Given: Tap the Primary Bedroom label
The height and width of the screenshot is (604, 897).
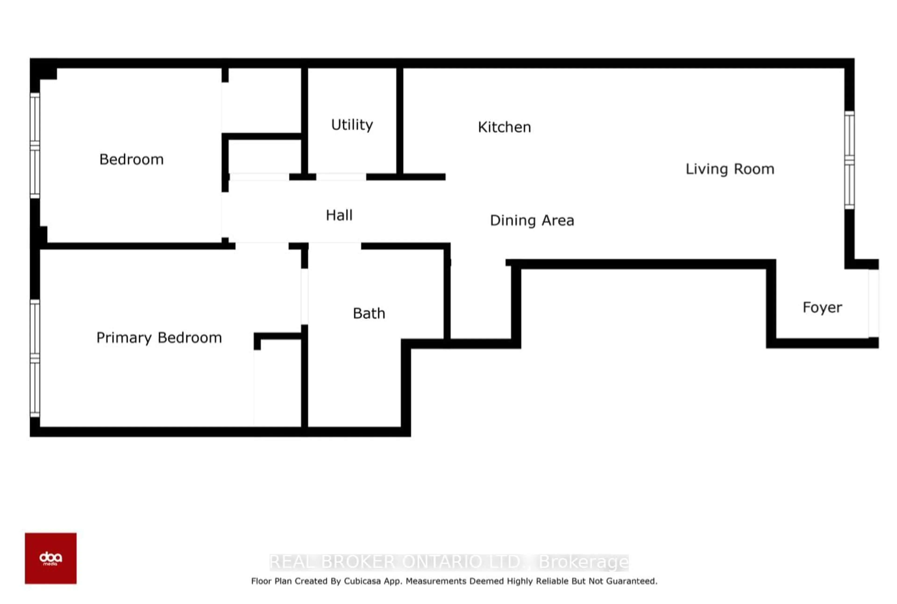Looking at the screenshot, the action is [x=159, y=338].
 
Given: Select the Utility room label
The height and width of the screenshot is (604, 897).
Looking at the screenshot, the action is [x=352, y=125].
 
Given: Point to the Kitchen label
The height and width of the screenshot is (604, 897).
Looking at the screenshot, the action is [x=505, y=127].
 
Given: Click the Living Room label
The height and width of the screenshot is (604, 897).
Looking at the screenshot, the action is [x=730, y=169].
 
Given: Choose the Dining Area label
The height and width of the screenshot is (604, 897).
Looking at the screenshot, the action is [x=532, y=220].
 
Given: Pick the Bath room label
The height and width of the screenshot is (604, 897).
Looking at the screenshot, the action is [x=369, y=313].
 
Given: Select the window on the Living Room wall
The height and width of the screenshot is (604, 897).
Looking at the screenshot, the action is [x=849, y=160].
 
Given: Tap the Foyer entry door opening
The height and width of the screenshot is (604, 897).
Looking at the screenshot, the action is [x=873, y=304].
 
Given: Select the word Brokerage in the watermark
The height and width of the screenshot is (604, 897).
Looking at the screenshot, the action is [x=584, y=562].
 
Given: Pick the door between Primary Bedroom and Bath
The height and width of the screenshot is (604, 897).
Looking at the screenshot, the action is [x=304, y=296].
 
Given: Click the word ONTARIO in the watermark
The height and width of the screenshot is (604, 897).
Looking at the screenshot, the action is [x=442, y=562].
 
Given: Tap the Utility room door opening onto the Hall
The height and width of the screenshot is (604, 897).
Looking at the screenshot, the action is [x=341, y=177].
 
